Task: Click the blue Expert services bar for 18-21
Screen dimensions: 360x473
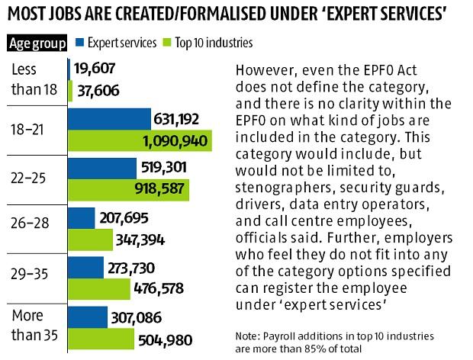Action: pos(109,118)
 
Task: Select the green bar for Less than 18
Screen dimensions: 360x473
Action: pos(71,91)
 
